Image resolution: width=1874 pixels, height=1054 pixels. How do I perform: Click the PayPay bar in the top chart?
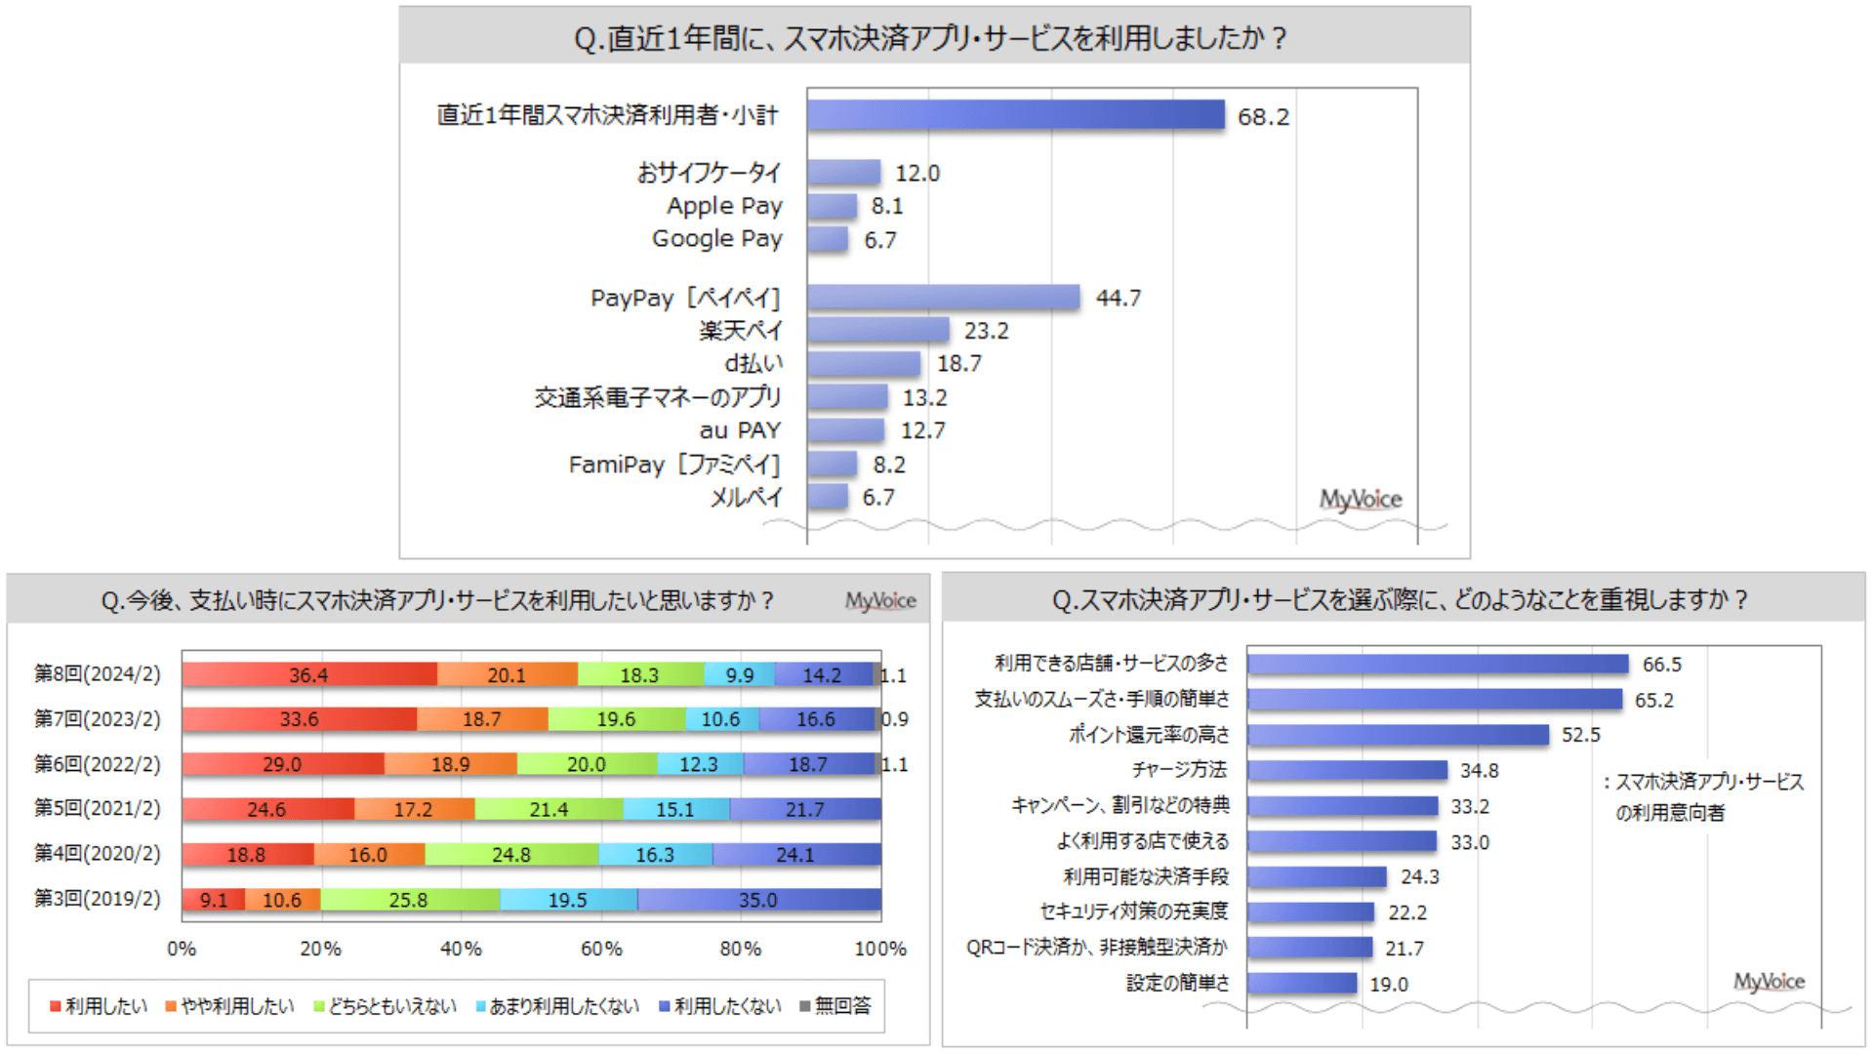(x=943, y=297)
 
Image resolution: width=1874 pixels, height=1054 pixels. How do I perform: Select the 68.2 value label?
(x=1263, y=117)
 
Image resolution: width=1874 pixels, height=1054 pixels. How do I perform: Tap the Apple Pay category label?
(x=724, y=206)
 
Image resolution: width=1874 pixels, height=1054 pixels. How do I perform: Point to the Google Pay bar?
(x=828, y=239)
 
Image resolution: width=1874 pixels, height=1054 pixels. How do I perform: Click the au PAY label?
(x=740, y=430)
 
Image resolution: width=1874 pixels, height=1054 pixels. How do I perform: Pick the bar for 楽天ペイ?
(x=877, y=330)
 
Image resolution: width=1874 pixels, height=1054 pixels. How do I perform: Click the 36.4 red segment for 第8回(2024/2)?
(x=309, y=674)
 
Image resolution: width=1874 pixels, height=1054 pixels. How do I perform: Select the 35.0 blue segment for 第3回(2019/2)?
(x=759, y=900)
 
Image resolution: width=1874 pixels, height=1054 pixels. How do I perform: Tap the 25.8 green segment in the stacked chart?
(x=410, y=900)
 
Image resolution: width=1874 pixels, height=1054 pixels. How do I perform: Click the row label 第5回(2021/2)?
(x=98, y=808)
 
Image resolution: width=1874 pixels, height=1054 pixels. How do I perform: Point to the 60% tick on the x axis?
(x=601, y=949)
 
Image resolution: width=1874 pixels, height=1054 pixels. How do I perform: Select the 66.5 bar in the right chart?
(x=1438, y=665)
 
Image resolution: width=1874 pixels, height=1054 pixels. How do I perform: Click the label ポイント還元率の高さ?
(x=1149, y=735)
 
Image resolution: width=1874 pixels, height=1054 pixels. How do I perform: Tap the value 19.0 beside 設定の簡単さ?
(x=1388, y=985)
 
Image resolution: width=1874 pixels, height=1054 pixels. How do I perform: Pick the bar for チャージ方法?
(x=1347, y=770)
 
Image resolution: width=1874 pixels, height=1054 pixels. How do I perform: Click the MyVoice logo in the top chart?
(x=1361, y=500)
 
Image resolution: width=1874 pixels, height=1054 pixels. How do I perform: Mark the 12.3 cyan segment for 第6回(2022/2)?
(x=700, y=764)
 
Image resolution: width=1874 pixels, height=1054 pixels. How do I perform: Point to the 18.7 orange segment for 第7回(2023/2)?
(x=482, y=719)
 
